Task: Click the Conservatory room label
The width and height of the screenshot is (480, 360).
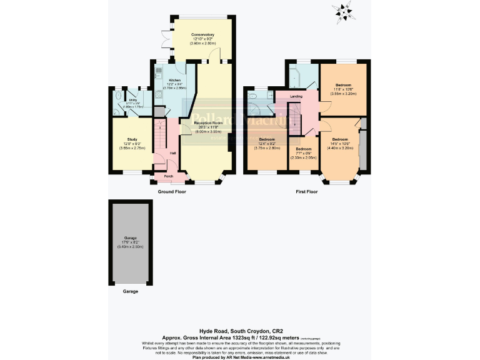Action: (x=203, y=34)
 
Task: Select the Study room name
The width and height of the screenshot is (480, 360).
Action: (x=132, y=139)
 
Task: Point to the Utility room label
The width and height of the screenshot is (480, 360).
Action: (x=132, y=100)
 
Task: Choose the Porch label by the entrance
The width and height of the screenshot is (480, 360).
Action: (x=169, y=177)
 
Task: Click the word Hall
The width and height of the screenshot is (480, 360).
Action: (x=173, y=153)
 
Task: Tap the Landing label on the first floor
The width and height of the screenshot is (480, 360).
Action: (x=296, y=96)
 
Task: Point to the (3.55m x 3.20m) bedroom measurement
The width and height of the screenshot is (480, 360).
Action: (x=344, y=92)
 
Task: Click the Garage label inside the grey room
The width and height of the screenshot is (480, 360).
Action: (x=131, y=239)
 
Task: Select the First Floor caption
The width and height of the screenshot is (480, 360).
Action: (x=306, y=192)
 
